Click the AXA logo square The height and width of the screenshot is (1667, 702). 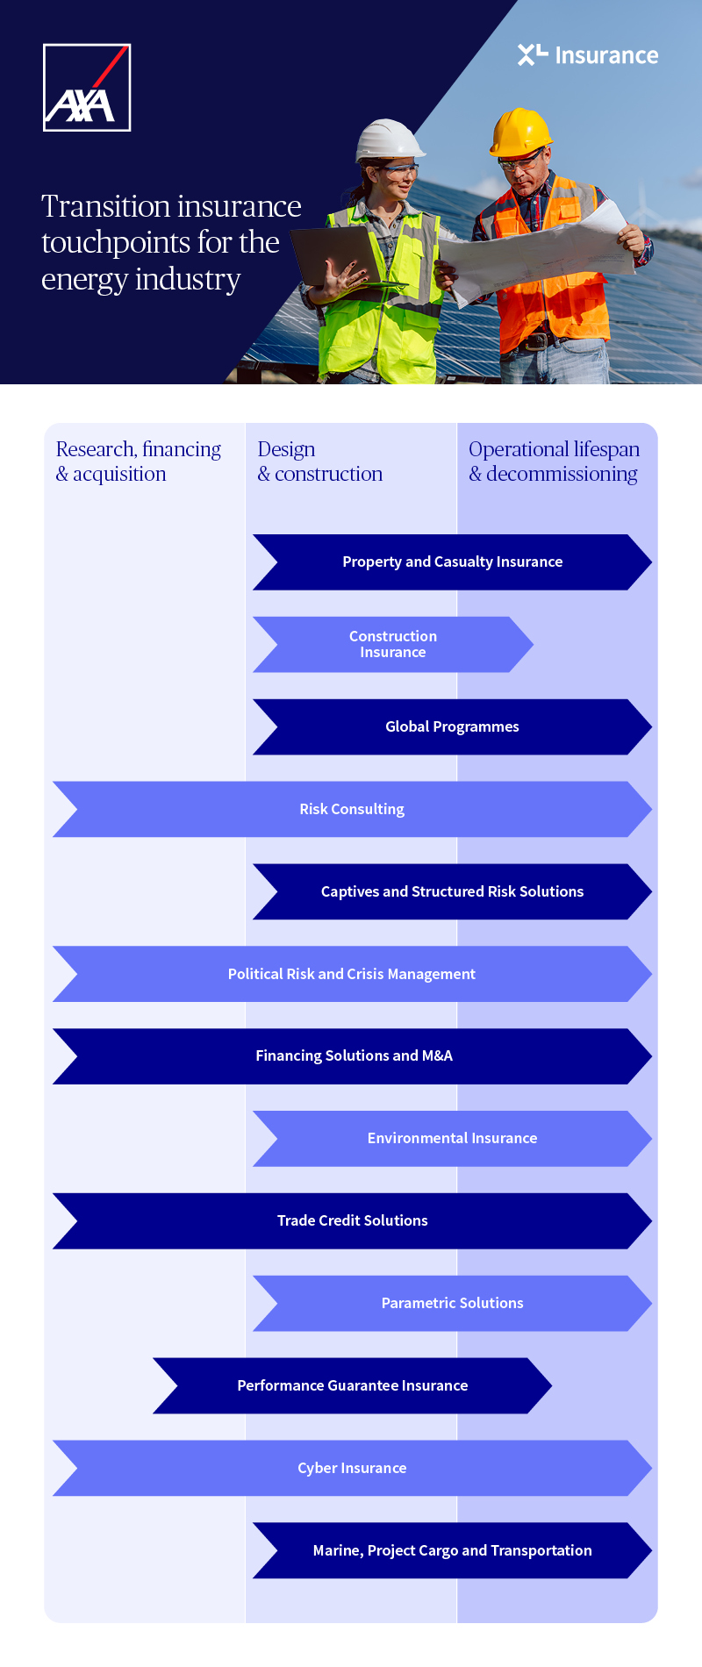[x=87, y=88]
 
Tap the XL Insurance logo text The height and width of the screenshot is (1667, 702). [x=588, y=55]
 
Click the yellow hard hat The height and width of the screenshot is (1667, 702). [x=520, y=132]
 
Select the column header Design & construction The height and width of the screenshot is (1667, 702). [x=319, y=461]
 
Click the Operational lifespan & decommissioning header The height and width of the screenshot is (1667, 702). [x=554, y=461]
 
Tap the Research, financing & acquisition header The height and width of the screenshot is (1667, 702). [x=138, y=461]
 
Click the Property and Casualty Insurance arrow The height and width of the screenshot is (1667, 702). [x=452, y=562]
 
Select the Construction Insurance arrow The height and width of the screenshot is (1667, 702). [x=392, y=644]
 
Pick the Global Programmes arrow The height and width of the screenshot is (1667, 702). [x=452, y=726]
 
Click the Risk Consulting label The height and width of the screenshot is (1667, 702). [x=352, y=809]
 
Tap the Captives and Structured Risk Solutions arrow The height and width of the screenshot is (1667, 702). [x=452, y=891]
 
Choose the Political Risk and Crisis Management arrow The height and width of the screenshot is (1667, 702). [x=352, y=974]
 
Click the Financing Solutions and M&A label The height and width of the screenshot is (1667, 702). [x=354, y=1055]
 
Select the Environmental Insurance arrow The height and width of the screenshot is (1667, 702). [x=452, y=1138]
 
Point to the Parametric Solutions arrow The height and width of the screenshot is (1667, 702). [x=452, y=1303]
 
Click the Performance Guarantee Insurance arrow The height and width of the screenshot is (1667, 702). [x=352, y=1385]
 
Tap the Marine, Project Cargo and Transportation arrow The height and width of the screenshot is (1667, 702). [x=452, y=1550]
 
